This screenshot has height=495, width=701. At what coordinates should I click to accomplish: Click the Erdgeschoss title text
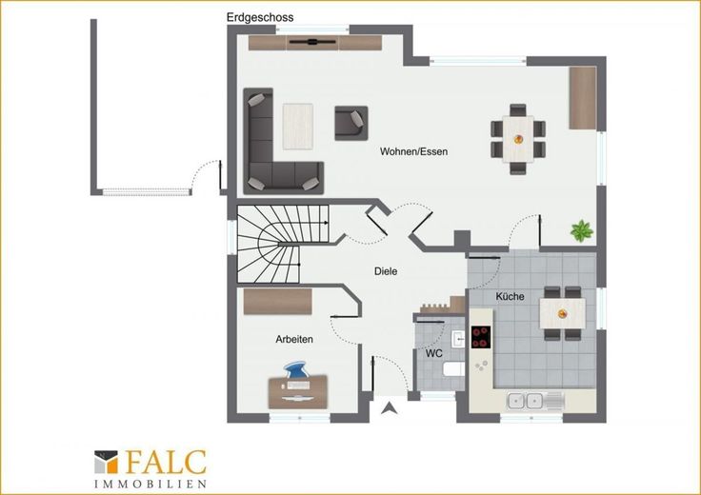260,17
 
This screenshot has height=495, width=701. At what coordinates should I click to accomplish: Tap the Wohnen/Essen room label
413,151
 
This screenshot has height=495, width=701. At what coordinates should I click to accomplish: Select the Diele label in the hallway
386,271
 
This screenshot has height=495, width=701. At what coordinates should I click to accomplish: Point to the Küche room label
511,296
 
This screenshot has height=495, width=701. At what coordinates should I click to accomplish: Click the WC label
433,353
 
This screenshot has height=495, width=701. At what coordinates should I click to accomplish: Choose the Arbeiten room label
294,339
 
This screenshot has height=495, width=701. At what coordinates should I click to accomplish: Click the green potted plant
582,230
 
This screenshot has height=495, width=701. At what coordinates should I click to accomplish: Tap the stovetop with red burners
481,337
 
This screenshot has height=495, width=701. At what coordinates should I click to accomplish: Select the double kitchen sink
526,401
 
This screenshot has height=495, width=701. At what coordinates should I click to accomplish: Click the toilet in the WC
453,370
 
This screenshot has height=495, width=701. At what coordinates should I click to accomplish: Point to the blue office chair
296,370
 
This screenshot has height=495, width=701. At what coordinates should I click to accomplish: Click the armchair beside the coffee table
351,123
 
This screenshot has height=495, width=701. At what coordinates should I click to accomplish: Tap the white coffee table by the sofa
298,127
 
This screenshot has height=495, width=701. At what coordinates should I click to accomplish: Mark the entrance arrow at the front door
390,407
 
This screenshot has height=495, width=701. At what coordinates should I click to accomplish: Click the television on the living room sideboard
312,42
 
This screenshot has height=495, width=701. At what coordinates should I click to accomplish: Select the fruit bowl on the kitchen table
562,313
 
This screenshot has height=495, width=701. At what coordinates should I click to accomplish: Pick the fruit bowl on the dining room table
518,139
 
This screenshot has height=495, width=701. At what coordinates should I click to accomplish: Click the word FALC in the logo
166,462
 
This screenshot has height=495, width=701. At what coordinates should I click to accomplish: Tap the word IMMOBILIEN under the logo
150,484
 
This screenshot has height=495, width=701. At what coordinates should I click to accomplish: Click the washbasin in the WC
458,339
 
